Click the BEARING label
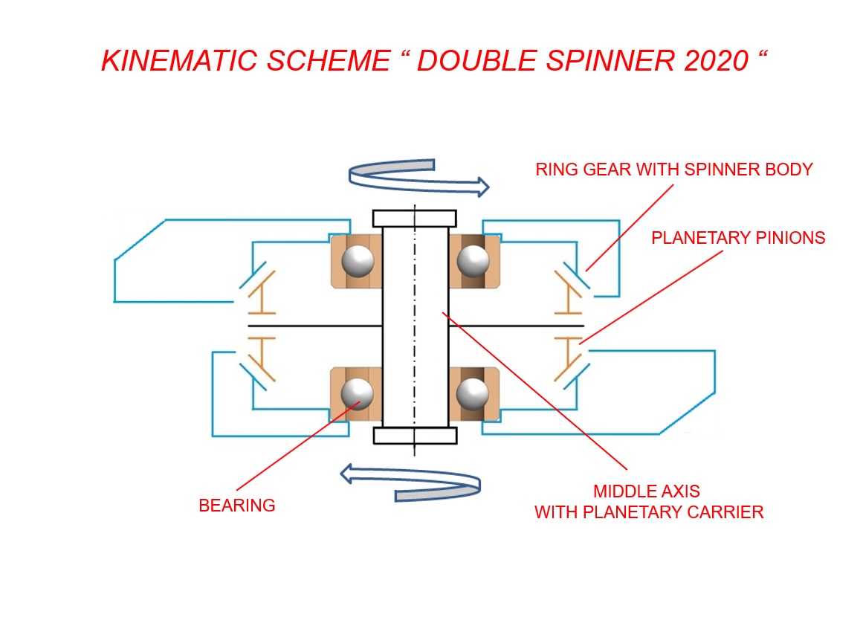[237, 506]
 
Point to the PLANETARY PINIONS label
[738, 238]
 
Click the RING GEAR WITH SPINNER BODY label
[674, 170]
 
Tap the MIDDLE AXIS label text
[647, 491]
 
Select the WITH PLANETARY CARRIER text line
[649, 513]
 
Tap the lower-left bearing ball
[358, 393]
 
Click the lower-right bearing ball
[472, 393]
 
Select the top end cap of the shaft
[414, 219]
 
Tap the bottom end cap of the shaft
[414, 436]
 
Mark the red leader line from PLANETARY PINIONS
[654, 295]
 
